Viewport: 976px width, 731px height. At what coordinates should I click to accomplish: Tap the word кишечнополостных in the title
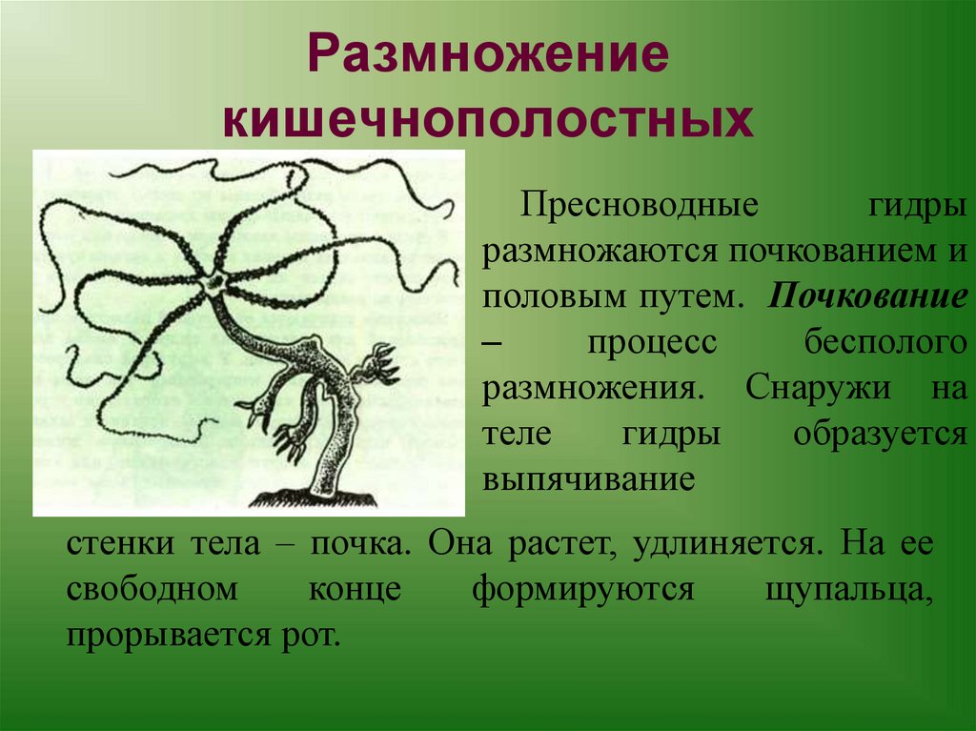[488, 120]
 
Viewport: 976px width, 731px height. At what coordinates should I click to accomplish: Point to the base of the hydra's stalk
[313, 494]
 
